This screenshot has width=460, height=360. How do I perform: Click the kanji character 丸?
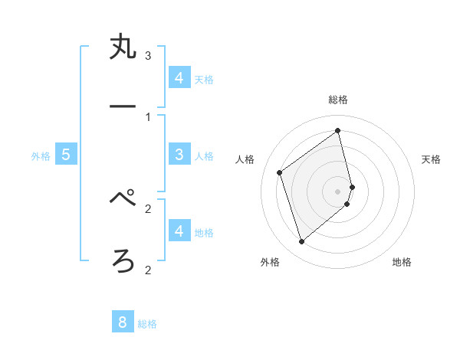pyautogui.click(x=123, y=49)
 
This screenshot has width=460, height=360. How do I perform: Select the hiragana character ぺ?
pyautogui.click(x=123, y=200)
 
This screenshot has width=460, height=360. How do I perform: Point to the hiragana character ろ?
pyautogui.click(x=123, y=262)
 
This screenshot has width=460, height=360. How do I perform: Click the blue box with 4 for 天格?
pyautogui.click(x=179, y=77)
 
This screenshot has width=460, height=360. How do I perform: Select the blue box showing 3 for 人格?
pyautogui.click(x=179, y=155)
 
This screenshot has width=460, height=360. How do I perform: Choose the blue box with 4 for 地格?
pyautogui.click(x=179, y=231)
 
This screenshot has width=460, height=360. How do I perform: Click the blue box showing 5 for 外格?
pyautogui.click(x=66, y=155)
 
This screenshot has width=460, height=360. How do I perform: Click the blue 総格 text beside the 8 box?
pyautogui.click(x=147, y=324)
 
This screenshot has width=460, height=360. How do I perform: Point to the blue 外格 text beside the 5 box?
pyautogui.click(x=41, y=156)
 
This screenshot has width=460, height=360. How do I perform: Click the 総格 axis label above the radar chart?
pyautogui.click(x=338, y=100)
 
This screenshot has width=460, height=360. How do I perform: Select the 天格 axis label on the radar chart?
pyautogui.click(x=431, y=159)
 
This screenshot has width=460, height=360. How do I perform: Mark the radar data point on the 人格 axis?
pyautogui.click(x=280, y=172)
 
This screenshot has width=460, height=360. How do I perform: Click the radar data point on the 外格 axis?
pyautogui.click(x=301, y=242)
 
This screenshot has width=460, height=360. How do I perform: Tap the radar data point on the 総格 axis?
pyautogui.click(x=338, y=130)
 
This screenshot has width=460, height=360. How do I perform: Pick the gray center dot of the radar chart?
pyautogui.click(x=338, y=191)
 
